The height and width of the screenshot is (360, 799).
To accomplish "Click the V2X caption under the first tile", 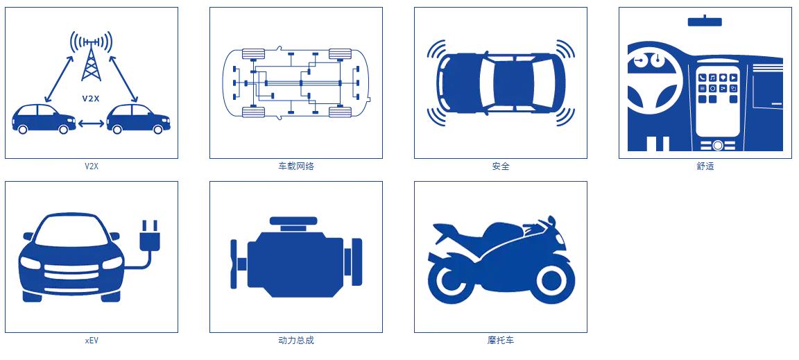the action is point(92,166).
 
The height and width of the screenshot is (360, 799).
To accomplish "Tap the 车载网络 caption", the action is point(296,166).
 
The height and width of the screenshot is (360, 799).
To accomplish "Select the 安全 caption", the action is point(501,166).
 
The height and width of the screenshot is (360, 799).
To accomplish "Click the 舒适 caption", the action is point(705,166).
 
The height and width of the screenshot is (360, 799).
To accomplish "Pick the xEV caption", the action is point(92,340).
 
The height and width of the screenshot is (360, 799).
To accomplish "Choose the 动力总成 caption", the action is point(296,340).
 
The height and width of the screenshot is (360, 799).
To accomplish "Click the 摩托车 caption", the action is point(501,340).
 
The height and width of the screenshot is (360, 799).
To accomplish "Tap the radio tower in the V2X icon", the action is point(92,56).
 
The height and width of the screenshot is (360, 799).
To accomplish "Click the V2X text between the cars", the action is point(91,98).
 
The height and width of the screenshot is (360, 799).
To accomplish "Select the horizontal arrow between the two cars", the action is point(92,123).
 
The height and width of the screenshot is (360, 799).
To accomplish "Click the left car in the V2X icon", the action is point(44,119).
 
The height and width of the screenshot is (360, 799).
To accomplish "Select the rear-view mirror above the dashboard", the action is point(705,21).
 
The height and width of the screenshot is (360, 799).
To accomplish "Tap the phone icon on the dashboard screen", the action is point(703,78).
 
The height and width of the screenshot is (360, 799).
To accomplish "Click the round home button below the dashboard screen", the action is point(717,146).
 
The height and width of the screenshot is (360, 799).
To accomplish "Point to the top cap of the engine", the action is point(293,221).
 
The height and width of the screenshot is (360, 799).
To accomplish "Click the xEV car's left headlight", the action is point(30,263).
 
